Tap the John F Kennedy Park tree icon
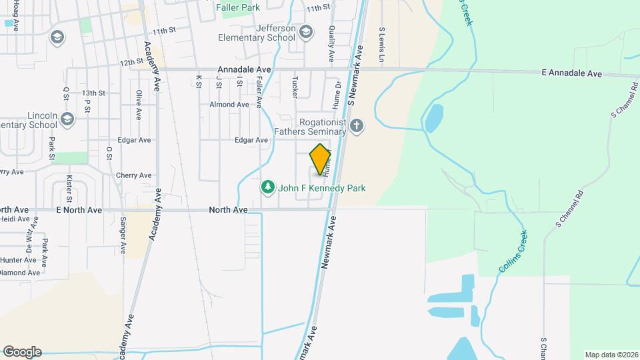click(268, 187)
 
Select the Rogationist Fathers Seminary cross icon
click(357, 125)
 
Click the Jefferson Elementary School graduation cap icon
click(305, 31)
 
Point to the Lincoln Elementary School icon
click(66, 119)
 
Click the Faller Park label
click(237, 7)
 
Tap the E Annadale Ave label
click(571, 73)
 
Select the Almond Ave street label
click(229, 105)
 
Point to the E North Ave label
click(79, 210)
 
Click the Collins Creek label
click(513, 251)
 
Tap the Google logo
click(22, 352)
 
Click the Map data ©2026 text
click(611, 355)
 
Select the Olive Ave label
click(138, 105)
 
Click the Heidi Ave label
click(15, 219)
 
